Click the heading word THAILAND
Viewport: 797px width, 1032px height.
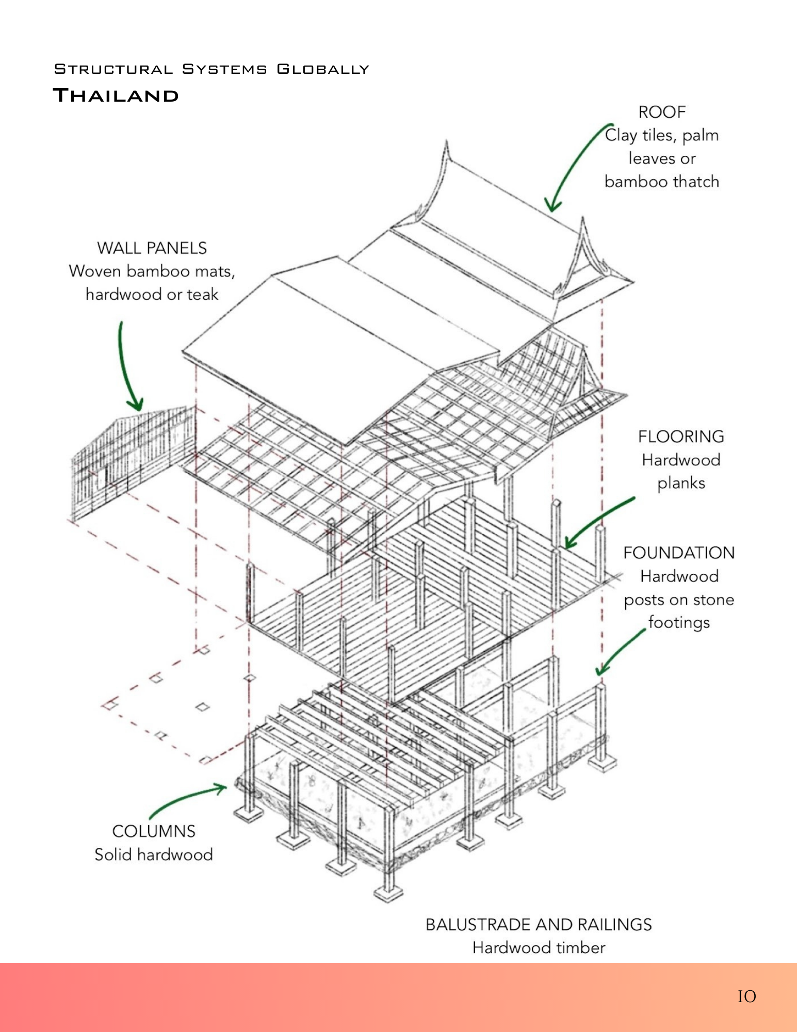116,95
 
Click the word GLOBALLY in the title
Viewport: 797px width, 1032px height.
323,69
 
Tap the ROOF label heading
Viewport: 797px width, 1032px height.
662,112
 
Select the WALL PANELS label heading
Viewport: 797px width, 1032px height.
152,248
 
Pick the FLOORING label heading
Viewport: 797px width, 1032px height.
680,437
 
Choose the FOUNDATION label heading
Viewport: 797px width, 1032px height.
679,553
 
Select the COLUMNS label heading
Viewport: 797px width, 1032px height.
154,831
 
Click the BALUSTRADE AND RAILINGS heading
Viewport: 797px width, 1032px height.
539,925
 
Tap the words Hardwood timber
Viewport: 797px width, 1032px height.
539,948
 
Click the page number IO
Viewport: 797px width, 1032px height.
746,996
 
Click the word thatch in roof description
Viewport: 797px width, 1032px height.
696,182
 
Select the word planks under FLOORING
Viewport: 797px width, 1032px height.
681,483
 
